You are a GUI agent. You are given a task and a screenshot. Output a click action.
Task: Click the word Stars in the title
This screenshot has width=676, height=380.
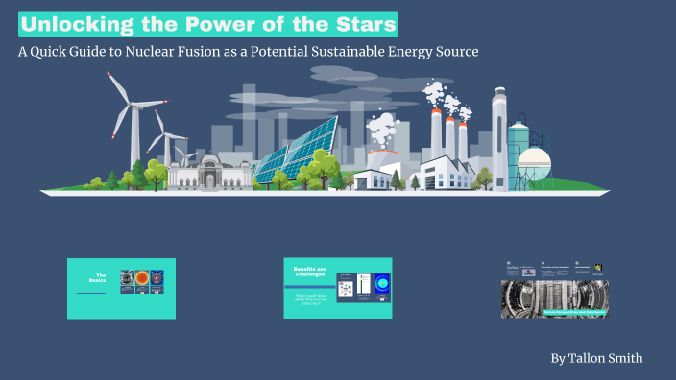click(364, 24)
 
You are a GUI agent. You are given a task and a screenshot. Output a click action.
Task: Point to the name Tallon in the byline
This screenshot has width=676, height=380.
click(590, 358)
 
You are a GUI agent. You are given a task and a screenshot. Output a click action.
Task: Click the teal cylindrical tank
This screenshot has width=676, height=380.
click(519, 139)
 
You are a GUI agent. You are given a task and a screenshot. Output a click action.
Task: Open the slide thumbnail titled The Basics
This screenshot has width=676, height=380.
click(121, 288)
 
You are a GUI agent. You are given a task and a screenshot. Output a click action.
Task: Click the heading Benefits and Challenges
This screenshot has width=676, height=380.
click(311, 272)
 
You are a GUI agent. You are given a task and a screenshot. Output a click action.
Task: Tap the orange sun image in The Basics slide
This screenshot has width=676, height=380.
click(142, 281)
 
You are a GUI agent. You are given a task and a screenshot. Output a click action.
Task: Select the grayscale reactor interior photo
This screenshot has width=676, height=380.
click(555, 297)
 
